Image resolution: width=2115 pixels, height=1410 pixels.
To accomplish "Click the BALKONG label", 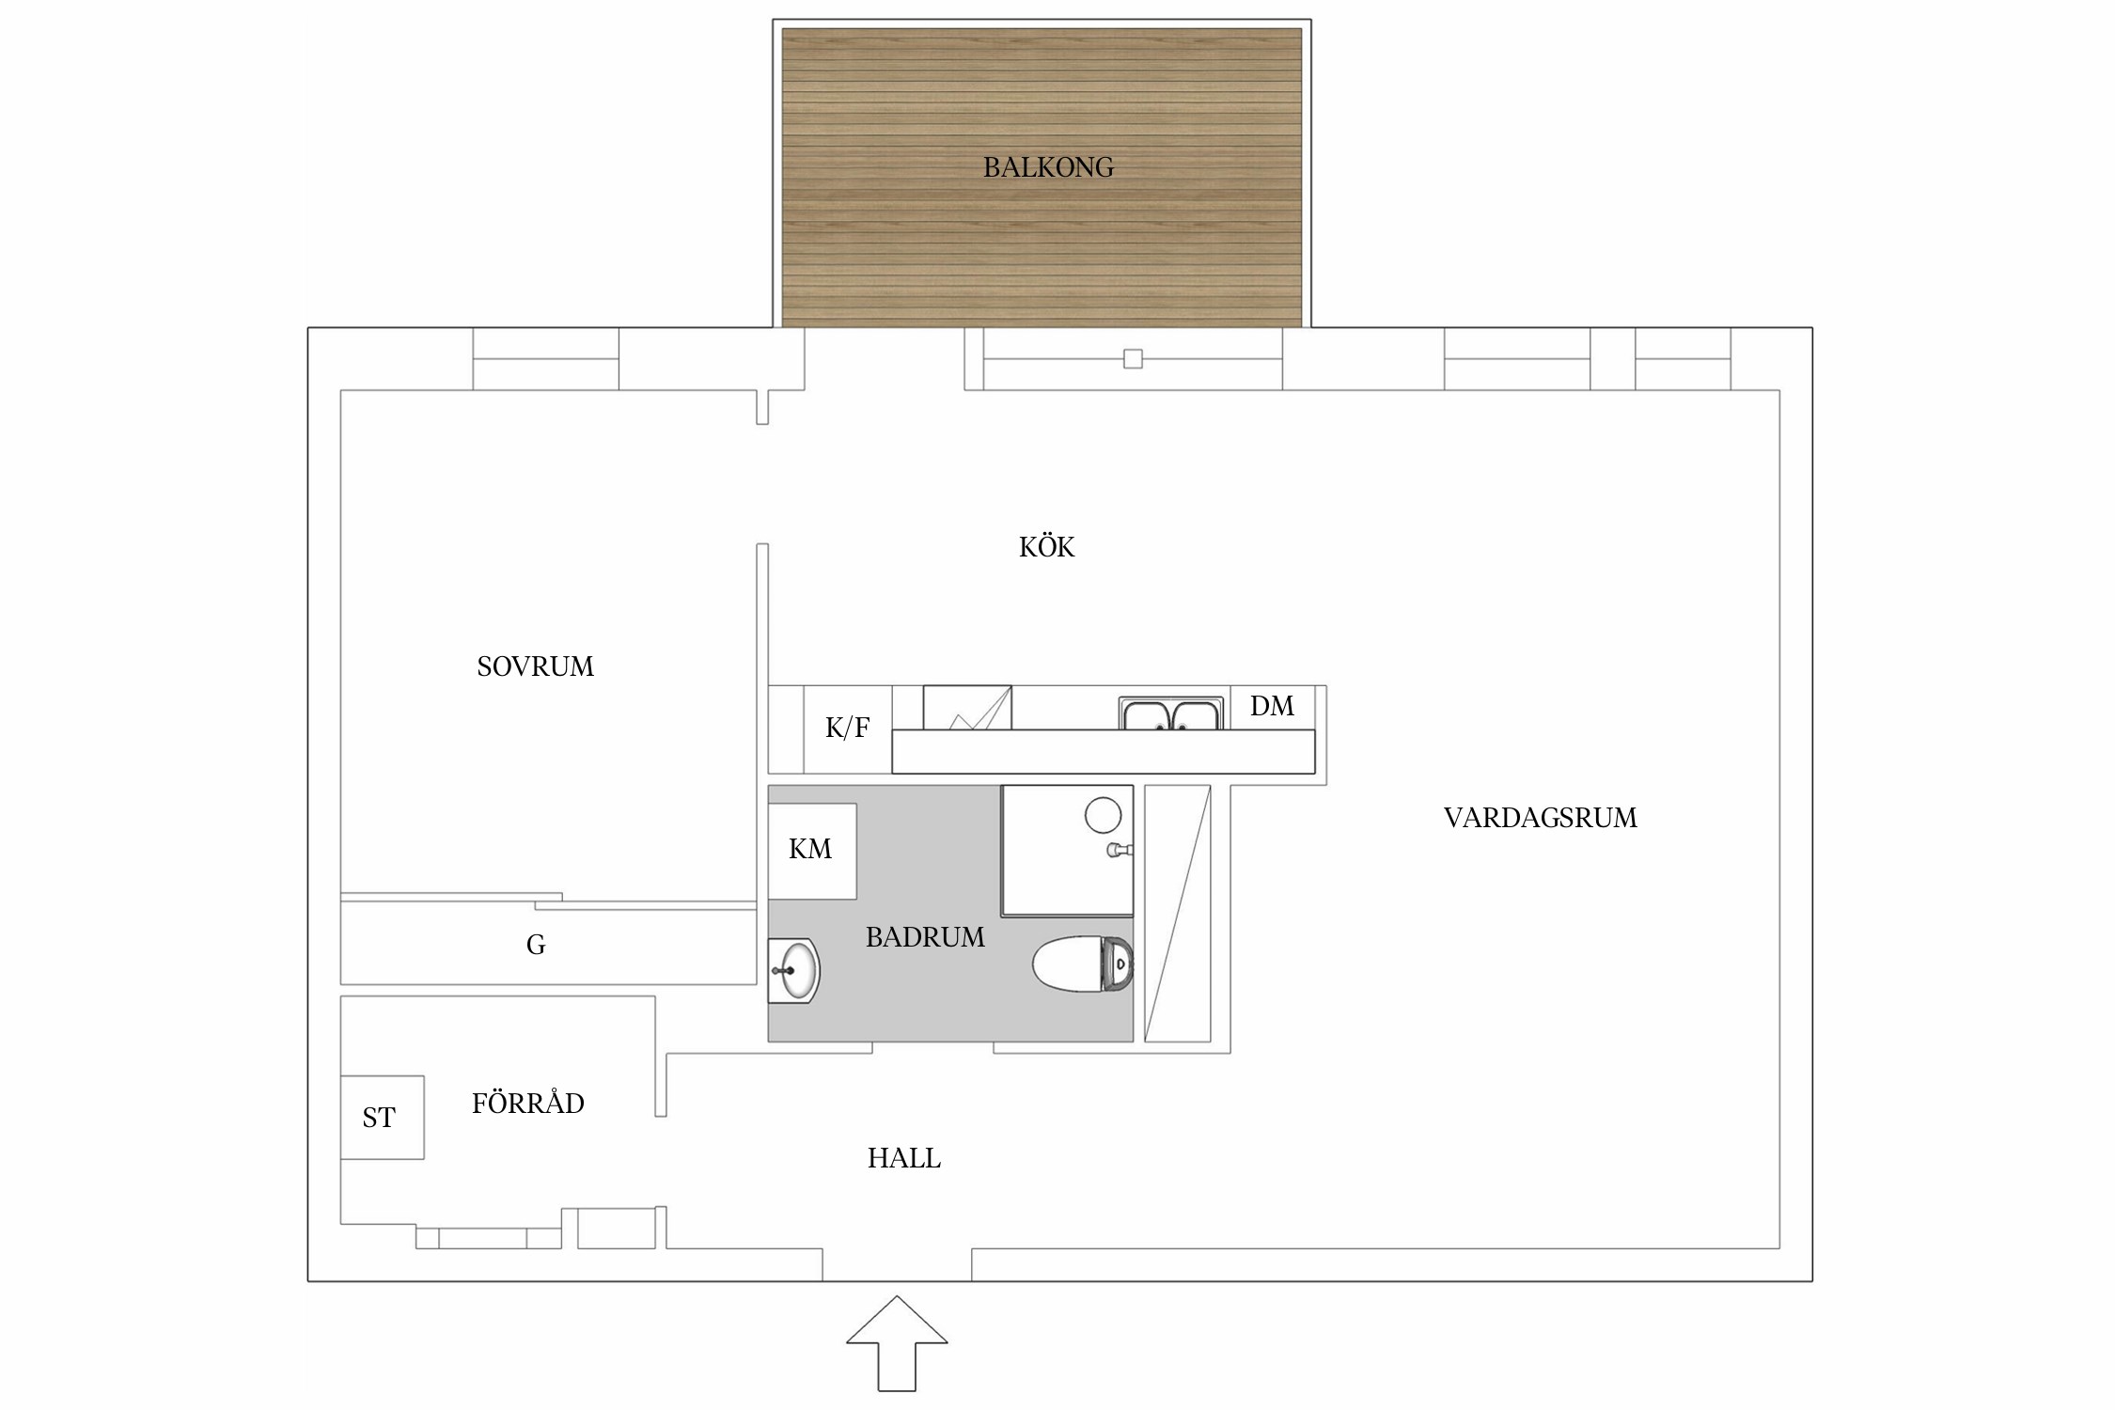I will point(1048,167).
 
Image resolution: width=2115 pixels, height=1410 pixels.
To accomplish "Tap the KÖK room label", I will point(1046,547).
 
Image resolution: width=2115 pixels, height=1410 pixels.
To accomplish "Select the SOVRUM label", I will point(535,666).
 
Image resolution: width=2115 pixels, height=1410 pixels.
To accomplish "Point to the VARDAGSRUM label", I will point(1540,818).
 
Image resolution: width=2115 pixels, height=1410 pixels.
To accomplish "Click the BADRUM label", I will point(925,937).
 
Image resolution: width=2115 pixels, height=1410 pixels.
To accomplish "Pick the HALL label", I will point(903,1158).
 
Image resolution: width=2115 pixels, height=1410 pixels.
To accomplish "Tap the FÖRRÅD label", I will point(527,1104).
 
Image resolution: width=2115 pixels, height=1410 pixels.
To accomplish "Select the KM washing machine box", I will point(811,851).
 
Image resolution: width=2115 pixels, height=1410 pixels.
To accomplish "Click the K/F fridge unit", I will point(847,728).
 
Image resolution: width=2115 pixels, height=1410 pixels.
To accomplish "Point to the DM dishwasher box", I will point(1272,706).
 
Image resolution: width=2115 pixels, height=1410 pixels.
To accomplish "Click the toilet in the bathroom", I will point(1083,963).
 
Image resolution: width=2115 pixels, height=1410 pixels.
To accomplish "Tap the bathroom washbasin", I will point(793,970).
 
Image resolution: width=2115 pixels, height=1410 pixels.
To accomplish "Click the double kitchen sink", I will point(1170,713).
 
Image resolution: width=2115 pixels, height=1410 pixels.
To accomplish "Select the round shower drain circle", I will point(1103,815).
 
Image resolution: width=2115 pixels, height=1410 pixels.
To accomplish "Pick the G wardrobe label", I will point(536,945).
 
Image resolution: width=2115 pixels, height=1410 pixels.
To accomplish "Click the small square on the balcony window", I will point(1133,359).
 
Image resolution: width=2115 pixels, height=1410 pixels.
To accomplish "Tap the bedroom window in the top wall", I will point(545,359).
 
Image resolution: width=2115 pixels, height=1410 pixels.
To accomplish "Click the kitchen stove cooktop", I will point(966,708).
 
